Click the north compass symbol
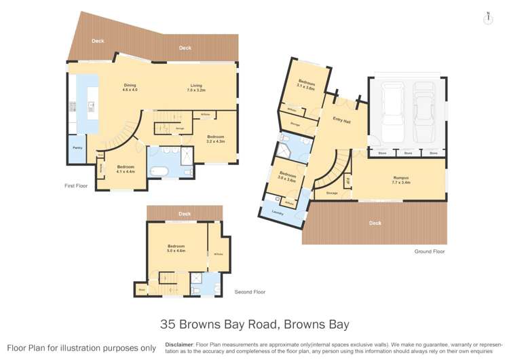pos(487,18)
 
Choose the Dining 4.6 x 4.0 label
pos(130,87)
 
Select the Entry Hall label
pos(341,120)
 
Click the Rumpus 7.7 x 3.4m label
pos(402,181)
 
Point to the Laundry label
pos(277,213)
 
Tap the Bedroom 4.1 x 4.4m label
pos(126,169)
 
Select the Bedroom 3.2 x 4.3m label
pos(216,139)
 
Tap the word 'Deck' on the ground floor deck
pos(374,223)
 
